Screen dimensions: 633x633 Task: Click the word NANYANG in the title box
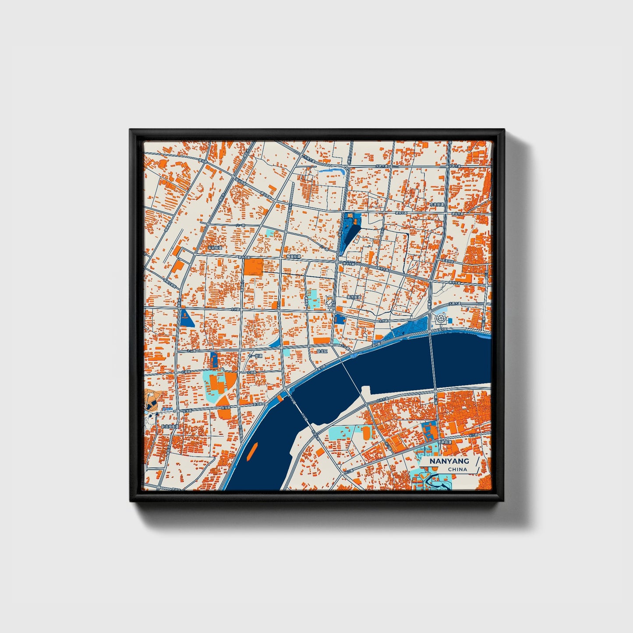(449, 461)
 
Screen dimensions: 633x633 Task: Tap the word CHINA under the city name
(457, 469)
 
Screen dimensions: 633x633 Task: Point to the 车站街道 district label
(215, 248)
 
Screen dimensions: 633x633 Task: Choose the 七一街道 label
(255, 356)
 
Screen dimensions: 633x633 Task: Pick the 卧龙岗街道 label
(170, 426)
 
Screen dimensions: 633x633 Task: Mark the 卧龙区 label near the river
(322, 351)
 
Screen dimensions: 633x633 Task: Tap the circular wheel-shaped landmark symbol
(440, 320)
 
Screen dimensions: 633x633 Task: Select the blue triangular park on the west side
(186, 318)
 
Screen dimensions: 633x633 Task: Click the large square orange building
(253, 267)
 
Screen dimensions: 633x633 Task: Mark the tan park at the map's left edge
(153, 400)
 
